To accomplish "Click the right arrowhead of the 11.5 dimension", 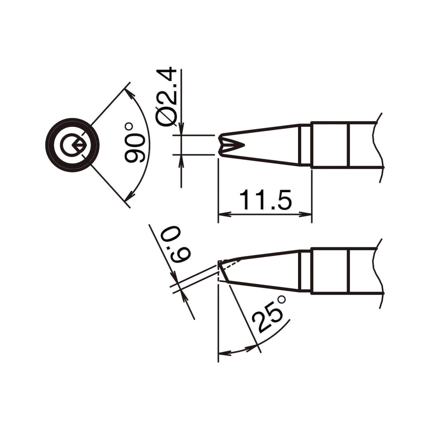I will [x=305, y=214].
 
